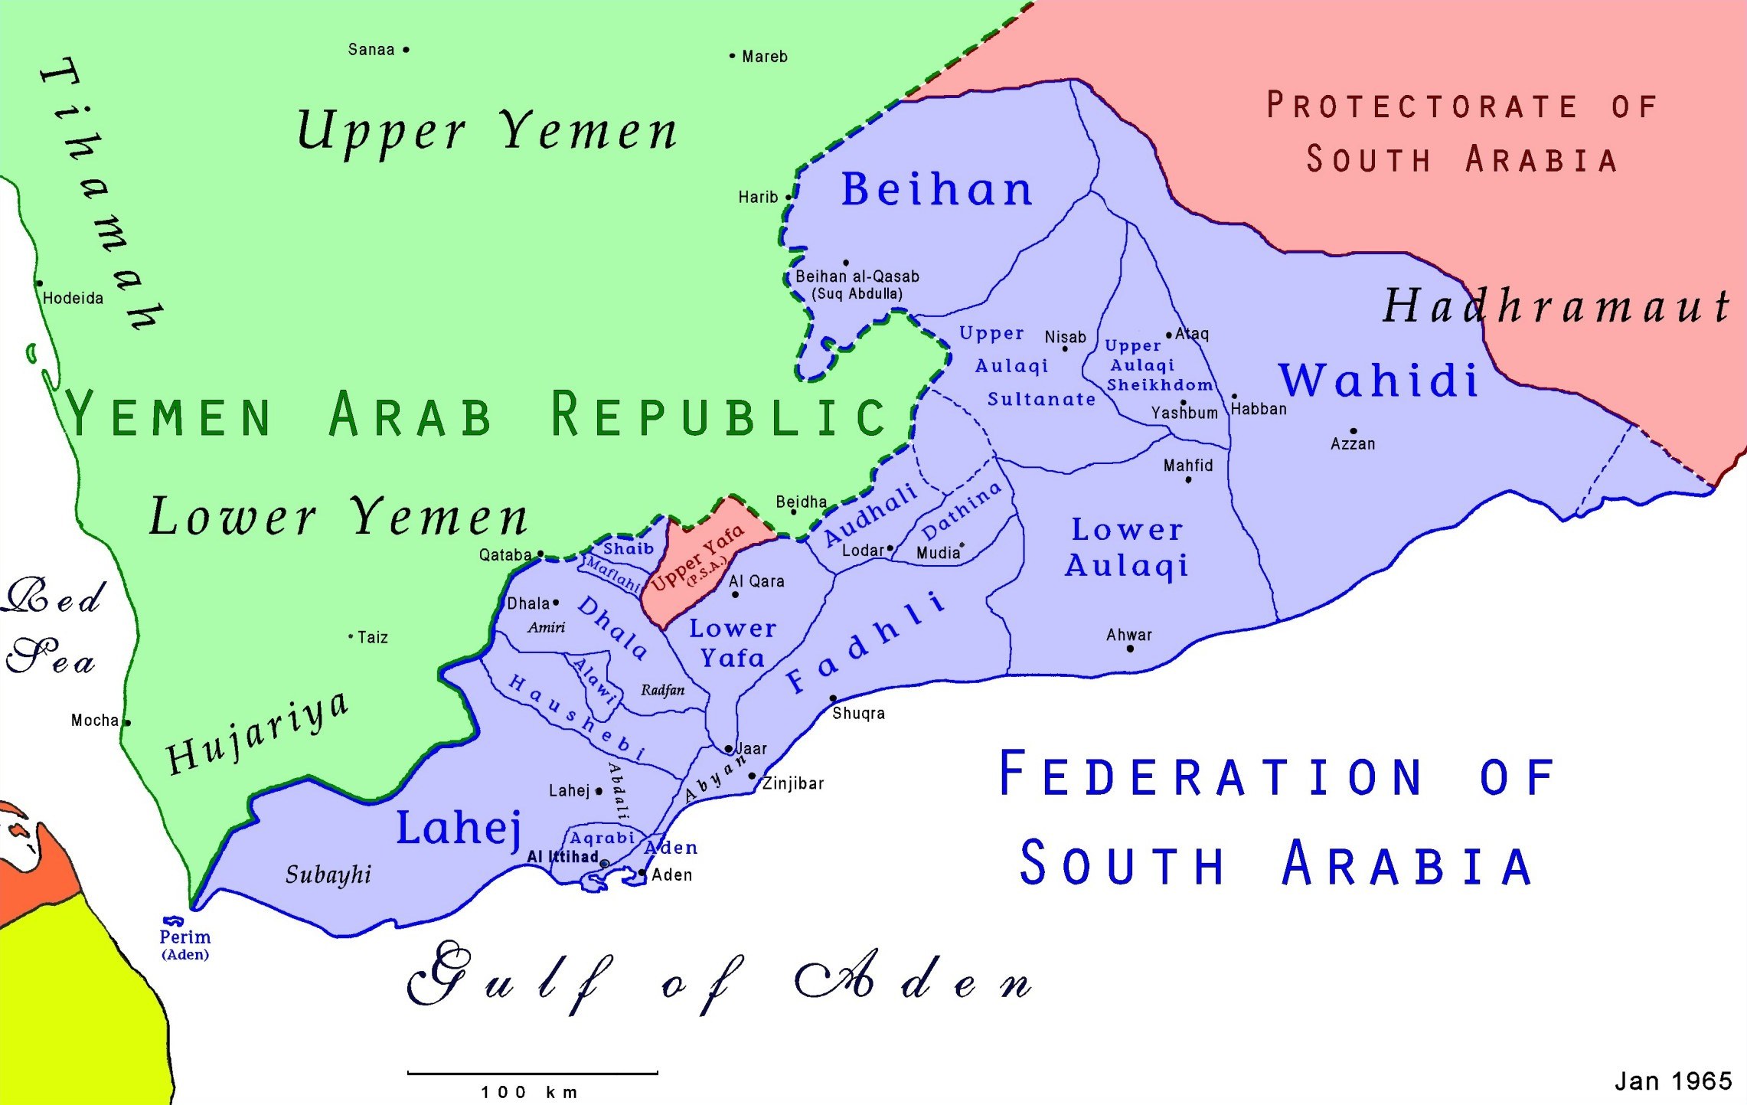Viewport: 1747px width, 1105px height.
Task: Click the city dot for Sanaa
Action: [406, 50]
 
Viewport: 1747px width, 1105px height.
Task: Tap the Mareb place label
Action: [764, 57]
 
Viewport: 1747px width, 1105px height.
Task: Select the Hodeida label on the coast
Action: [73, 299]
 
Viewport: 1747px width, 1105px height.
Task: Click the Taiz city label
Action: [373, 637]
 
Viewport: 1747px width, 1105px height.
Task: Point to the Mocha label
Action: [95, 721]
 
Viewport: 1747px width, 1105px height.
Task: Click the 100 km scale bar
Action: [532, 1073]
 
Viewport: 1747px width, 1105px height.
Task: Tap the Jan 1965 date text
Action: [1673, 1080]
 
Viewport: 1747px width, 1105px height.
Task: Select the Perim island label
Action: [184, 937]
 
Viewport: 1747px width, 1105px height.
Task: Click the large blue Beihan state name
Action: [936, 189]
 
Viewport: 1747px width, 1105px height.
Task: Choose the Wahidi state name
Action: [1378, 380]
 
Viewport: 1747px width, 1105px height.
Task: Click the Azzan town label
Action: [1353, 444]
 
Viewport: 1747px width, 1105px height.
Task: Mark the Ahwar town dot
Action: [1130, 649]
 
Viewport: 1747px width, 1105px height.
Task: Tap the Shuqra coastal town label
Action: [858, 714]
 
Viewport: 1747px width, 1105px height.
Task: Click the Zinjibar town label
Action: [793, 783]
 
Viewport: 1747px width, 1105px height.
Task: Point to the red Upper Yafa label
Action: [697, 557]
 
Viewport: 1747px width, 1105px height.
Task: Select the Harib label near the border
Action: [758, 198]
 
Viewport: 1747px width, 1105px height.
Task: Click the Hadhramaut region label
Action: [1554, 306]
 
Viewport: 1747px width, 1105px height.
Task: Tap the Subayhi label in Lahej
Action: [328, 875]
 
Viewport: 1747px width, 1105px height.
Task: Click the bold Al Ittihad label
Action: [563, 857]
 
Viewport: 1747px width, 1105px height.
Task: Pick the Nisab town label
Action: [1065, 338]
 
